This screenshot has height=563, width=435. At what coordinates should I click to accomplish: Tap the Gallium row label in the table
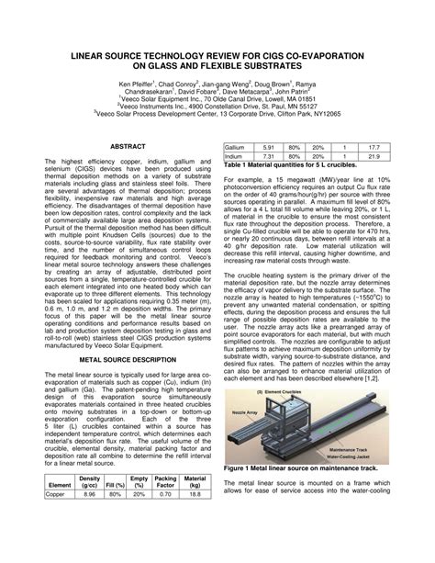click(235, 146)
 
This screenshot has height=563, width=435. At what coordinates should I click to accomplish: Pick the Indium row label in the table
click(234, 156)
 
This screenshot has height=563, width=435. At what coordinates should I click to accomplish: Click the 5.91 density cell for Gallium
click(268, 146)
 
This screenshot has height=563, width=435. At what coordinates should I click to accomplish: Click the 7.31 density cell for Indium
click(268, 156)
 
